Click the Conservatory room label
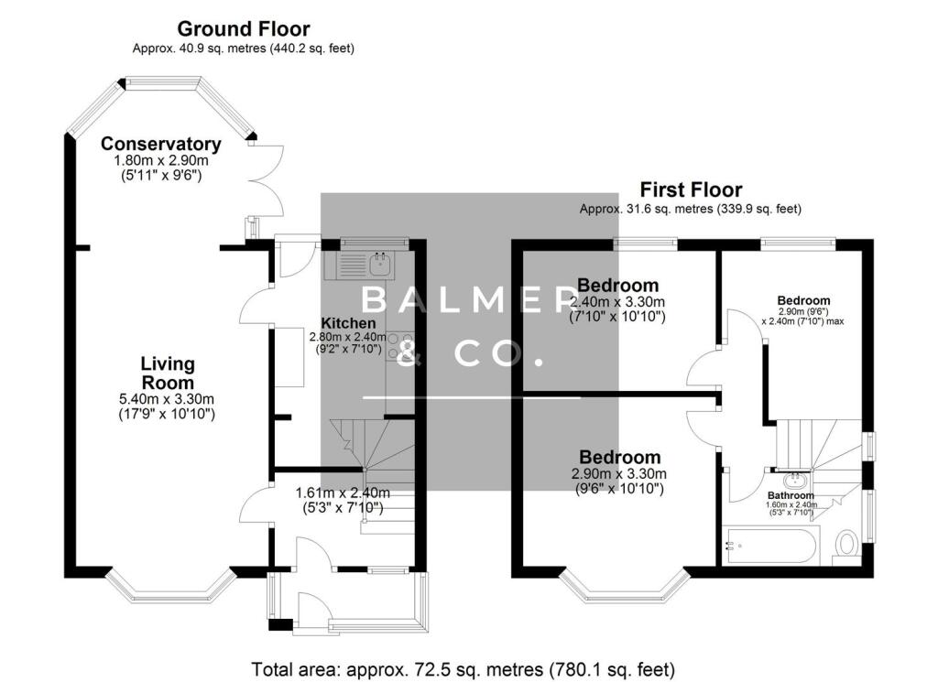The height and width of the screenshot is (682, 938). click(160, 145)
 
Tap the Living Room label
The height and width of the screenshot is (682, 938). click(167, 373)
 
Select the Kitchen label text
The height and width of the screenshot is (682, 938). click(348, 323)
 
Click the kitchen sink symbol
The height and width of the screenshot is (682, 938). click(379, 265)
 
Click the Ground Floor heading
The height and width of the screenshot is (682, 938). click(243, 29)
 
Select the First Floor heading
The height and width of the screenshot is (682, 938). click(691, 190)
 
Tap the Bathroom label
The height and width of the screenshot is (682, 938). click(791, 496)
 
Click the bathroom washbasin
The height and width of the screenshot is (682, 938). click(793, 479)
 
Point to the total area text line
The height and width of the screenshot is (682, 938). click(464, 669)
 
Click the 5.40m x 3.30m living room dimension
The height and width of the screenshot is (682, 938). click(167, 399)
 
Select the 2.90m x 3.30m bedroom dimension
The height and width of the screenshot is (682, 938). click(619, 474)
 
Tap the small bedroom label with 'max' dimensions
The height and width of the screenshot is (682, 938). click(803, 300)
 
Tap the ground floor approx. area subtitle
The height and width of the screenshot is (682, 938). click(244, 49)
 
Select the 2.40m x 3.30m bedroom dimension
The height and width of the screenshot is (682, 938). click(617, 301)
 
